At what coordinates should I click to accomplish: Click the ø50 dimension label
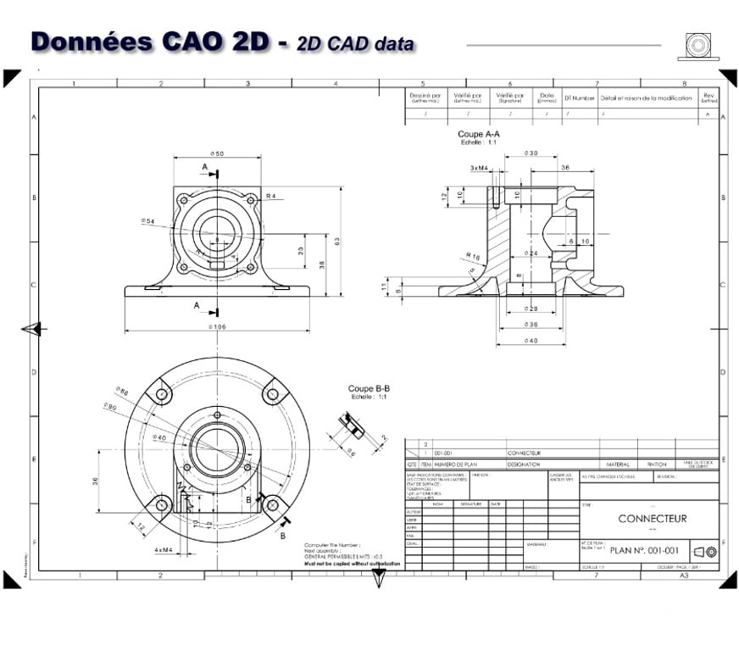tap(216, 153)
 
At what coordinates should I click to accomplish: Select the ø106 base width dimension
tap(217, 326)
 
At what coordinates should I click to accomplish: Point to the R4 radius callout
tap(270, 196)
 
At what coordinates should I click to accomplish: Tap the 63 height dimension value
tap(336, 242)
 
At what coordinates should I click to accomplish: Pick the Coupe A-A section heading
tap(479, 134)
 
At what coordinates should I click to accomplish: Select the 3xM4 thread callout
tap(479, 168)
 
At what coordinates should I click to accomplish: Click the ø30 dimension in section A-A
tap(531, 153)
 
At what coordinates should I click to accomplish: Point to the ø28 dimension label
tap(531, 309)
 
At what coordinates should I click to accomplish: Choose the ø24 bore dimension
tap(531, 253)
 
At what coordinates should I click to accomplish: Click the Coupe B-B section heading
tap(369, 388)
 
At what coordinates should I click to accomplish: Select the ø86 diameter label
tap(121, 392)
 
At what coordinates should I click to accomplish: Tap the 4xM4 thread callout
tap(164, 550)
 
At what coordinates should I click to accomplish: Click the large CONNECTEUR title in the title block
tap(652, 519)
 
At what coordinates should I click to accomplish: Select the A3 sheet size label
tap(684, 575)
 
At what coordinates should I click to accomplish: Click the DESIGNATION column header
tap(524, 465)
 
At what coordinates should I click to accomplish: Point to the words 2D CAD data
tap(355, 44)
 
